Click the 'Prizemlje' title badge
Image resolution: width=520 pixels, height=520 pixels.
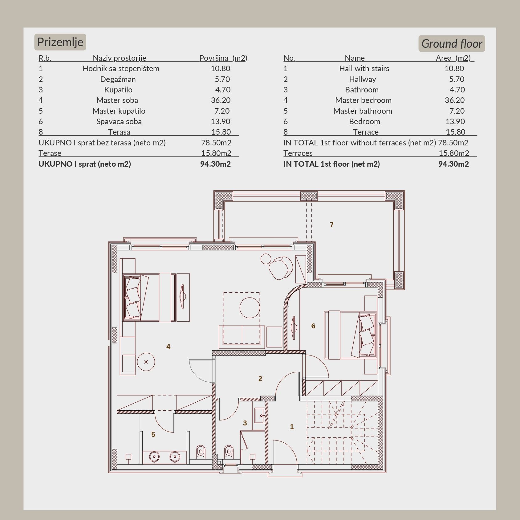coord(60,42)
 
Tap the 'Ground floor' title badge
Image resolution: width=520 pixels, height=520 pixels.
coord(452,44)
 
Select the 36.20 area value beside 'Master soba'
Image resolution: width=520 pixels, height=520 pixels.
coord(221,100)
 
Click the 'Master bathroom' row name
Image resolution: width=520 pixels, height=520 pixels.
coord(363,111)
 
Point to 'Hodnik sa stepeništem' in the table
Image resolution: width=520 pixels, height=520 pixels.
coord(121,69)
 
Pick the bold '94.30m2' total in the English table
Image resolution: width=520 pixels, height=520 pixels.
coord(453,164)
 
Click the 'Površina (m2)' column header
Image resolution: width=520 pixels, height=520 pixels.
coord(223,58)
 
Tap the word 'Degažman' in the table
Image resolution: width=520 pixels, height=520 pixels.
coord(118,79)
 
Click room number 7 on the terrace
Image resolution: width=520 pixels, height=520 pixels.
coord(331,225)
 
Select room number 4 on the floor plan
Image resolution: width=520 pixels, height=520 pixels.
coord(168,347)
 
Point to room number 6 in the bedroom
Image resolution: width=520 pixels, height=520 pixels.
coord(313,326)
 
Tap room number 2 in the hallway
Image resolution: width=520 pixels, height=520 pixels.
coord(260,379)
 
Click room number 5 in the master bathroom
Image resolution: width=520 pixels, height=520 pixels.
coord(153,435)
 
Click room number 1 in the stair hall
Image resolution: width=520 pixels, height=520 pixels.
coord(292,427)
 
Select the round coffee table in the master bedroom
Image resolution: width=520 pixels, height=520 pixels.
coord(250,307)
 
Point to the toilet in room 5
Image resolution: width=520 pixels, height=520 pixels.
coord(201,451)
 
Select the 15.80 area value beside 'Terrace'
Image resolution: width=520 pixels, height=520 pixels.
coord(455,132)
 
